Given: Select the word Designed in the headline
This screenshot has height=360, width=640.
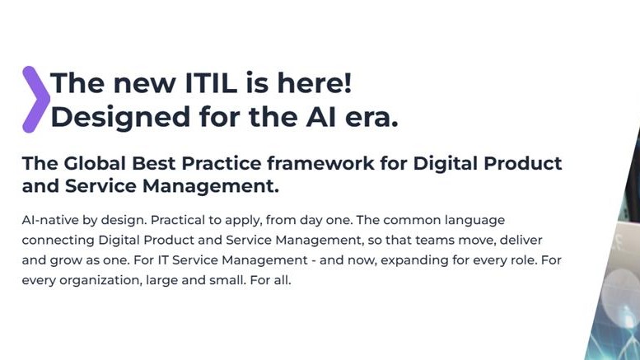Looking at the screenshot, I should (x=113, y=117).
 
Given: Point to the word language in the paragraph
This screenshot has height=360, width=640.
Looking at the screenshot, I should (x=474, y=221).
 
